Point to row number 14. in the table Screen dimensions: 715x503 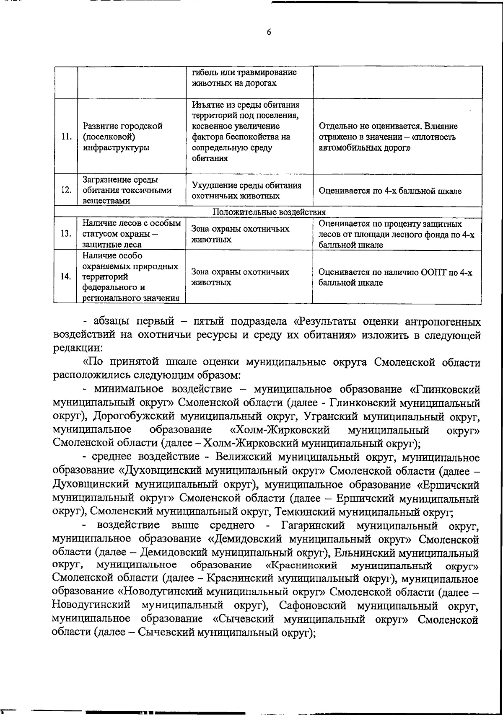tap(66, 277)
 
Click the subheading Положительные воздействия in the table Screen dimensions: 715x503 tap(269, 212)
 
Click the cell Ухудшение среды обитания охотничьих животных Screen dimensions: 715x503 tap(246, 191)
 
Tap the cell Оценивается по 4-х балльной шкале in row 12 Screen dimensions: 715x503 tap(390, 191)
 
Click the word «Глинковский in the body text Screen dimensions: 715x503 tap(444, 390)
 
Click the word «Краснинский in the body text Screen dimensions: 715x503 tap(301, 565)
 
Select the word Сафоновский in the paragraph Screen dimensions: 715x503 tap(312, 606)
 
